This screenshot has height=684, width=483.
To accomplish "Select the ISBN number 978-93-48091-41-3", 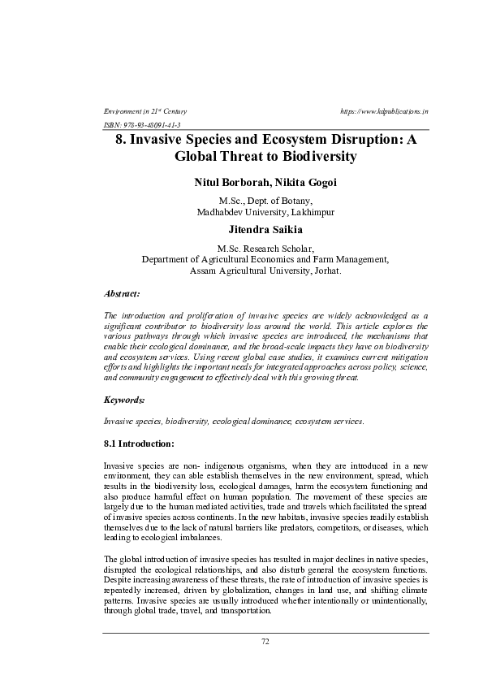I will [x=152, y=126].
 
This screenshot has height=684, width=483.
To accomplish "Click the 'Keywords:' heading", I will [x=124, y=400].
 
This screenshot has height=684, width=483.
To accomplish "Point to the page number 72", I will [x=265, y=642].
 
